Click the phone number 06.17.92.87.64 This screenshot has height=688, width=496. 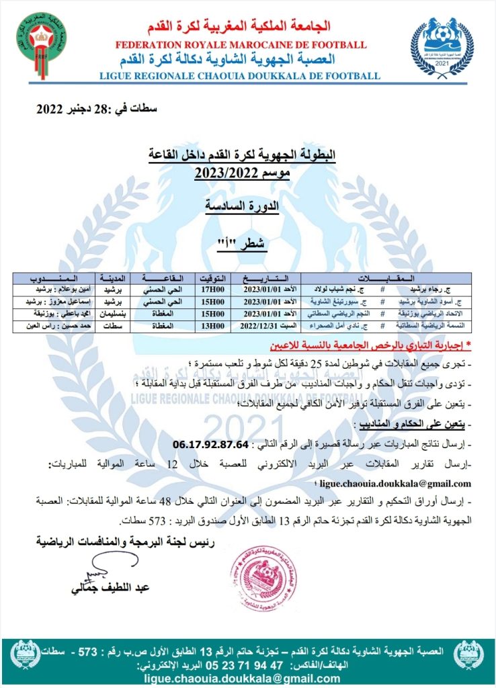click(x=210, y=445)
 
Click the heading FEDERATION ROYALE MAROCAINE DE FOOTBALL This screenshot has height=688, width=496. click(x=241, y=45)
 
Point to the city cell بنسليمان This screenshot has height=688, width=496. click(x=111, y=314)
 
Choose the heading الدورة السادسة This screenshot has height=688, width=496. click(x=241, y=208)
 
